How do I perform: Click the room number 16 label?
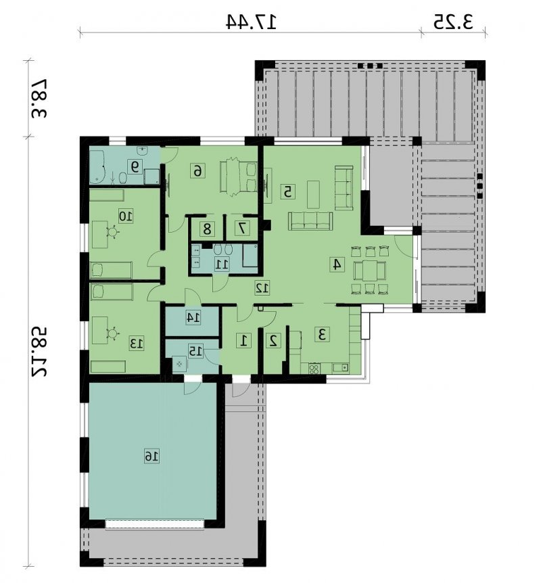tap(151, 457)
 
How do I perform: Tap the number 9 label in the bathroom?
tap(134, 166)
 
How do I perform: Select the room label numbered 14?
tap(193, 317)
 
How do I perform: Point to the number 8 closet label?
tap(207, 229)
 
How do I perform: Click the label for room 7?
tap(243, 229)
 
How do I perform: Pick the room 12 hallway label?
tap(262, 288)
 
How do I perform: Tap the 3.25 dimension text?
tap(453, 22)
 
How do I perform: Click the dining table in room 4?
tap(369, 271)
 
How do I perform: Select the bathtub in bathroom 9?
tap(99, 166)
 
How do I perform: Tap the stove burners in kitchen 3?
tap(314, 369)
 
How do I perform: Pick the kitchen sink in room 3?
tap(340, 368)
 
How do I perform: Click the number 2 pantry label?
tap(274, 341)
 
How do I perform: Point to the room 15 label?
tap(195, 352)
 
